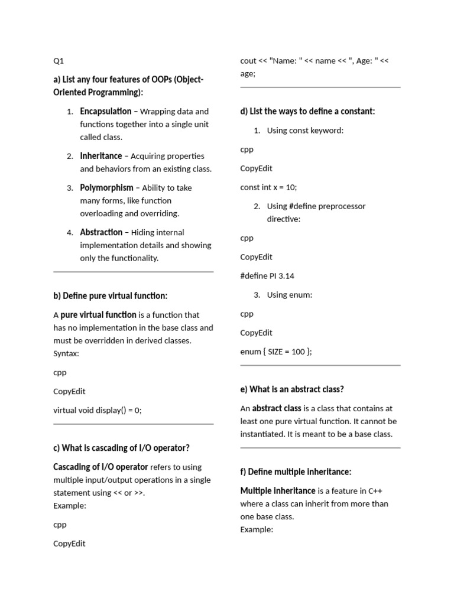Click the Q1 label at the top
(x=58, y=60)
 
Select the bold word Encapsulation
(x=106, y=111)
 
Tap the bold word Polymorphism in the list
(x=106, y=188)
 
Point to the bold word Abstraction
(x=101, y=232)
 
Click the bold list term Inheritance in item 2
(x=100, y=156)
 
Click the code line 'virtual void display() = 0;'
(x=98, y=410)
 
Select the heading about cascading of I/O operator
(x=121, y=448)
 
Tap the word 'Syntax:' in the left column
(x=66, y=353)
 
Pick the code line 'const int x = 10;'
(x=268, y=187)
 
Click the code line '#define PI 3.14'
(x=267, y=276)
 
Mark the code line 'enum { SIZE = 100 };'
(x=276, y=352)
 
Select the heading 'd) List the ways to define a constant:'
(x=307, y=111)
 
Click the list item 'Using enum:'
(x=290, y=295)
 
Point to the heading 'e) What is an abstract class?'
(x=292, y=389)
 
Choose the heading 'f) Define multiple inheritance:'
(x=296, y=471)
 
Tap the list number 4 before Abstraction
(x=70, y=233)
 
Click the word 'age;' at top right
(x=248, y=74)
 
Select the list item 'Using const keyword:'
(x=305, y=131)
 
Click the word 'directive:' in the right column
(x=284, y=219)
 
